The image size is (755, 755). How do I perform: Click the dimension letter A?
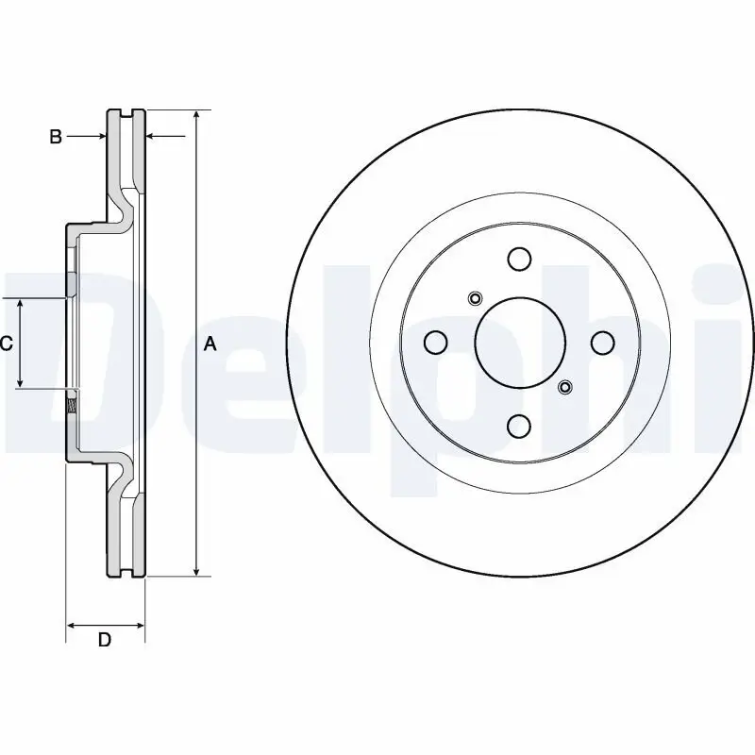pyautogui.click(x=210, y=344)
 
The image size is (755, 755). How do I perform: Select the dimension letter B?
pyautogui.click(x=56, y=138)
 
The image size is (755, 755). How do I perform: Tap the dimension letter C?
pyautogui.click(x=6, y=344)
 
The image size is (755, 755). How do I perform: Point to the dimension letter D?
pyautogui.click(x=105, y=640)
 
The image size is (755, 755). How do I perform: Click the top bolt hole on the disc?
pyautogui.click(x=519, y=259)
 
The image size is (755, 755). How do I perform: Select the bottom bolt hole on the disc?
pyautogui.click(x=519, y=427)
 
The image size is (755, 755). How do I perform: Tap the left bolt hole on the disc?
pyautogui.click(x=435, y=343)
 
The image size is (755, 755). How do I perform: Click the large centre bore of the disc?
pyautogui.click(x=519, y=343)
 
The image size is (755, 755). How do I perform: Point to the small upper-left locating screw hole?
pyautogui.click(x=475, y=300)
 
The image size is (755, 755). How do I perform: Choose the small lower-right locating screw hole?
pyautogui.click(x=564, y=386)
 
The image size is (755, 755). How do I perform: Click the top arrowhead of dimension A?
pyautogui.click(x=195, y=115)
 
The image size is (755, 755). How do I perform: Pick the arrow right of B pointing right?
pyautogui.click(x=101, y=138)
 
